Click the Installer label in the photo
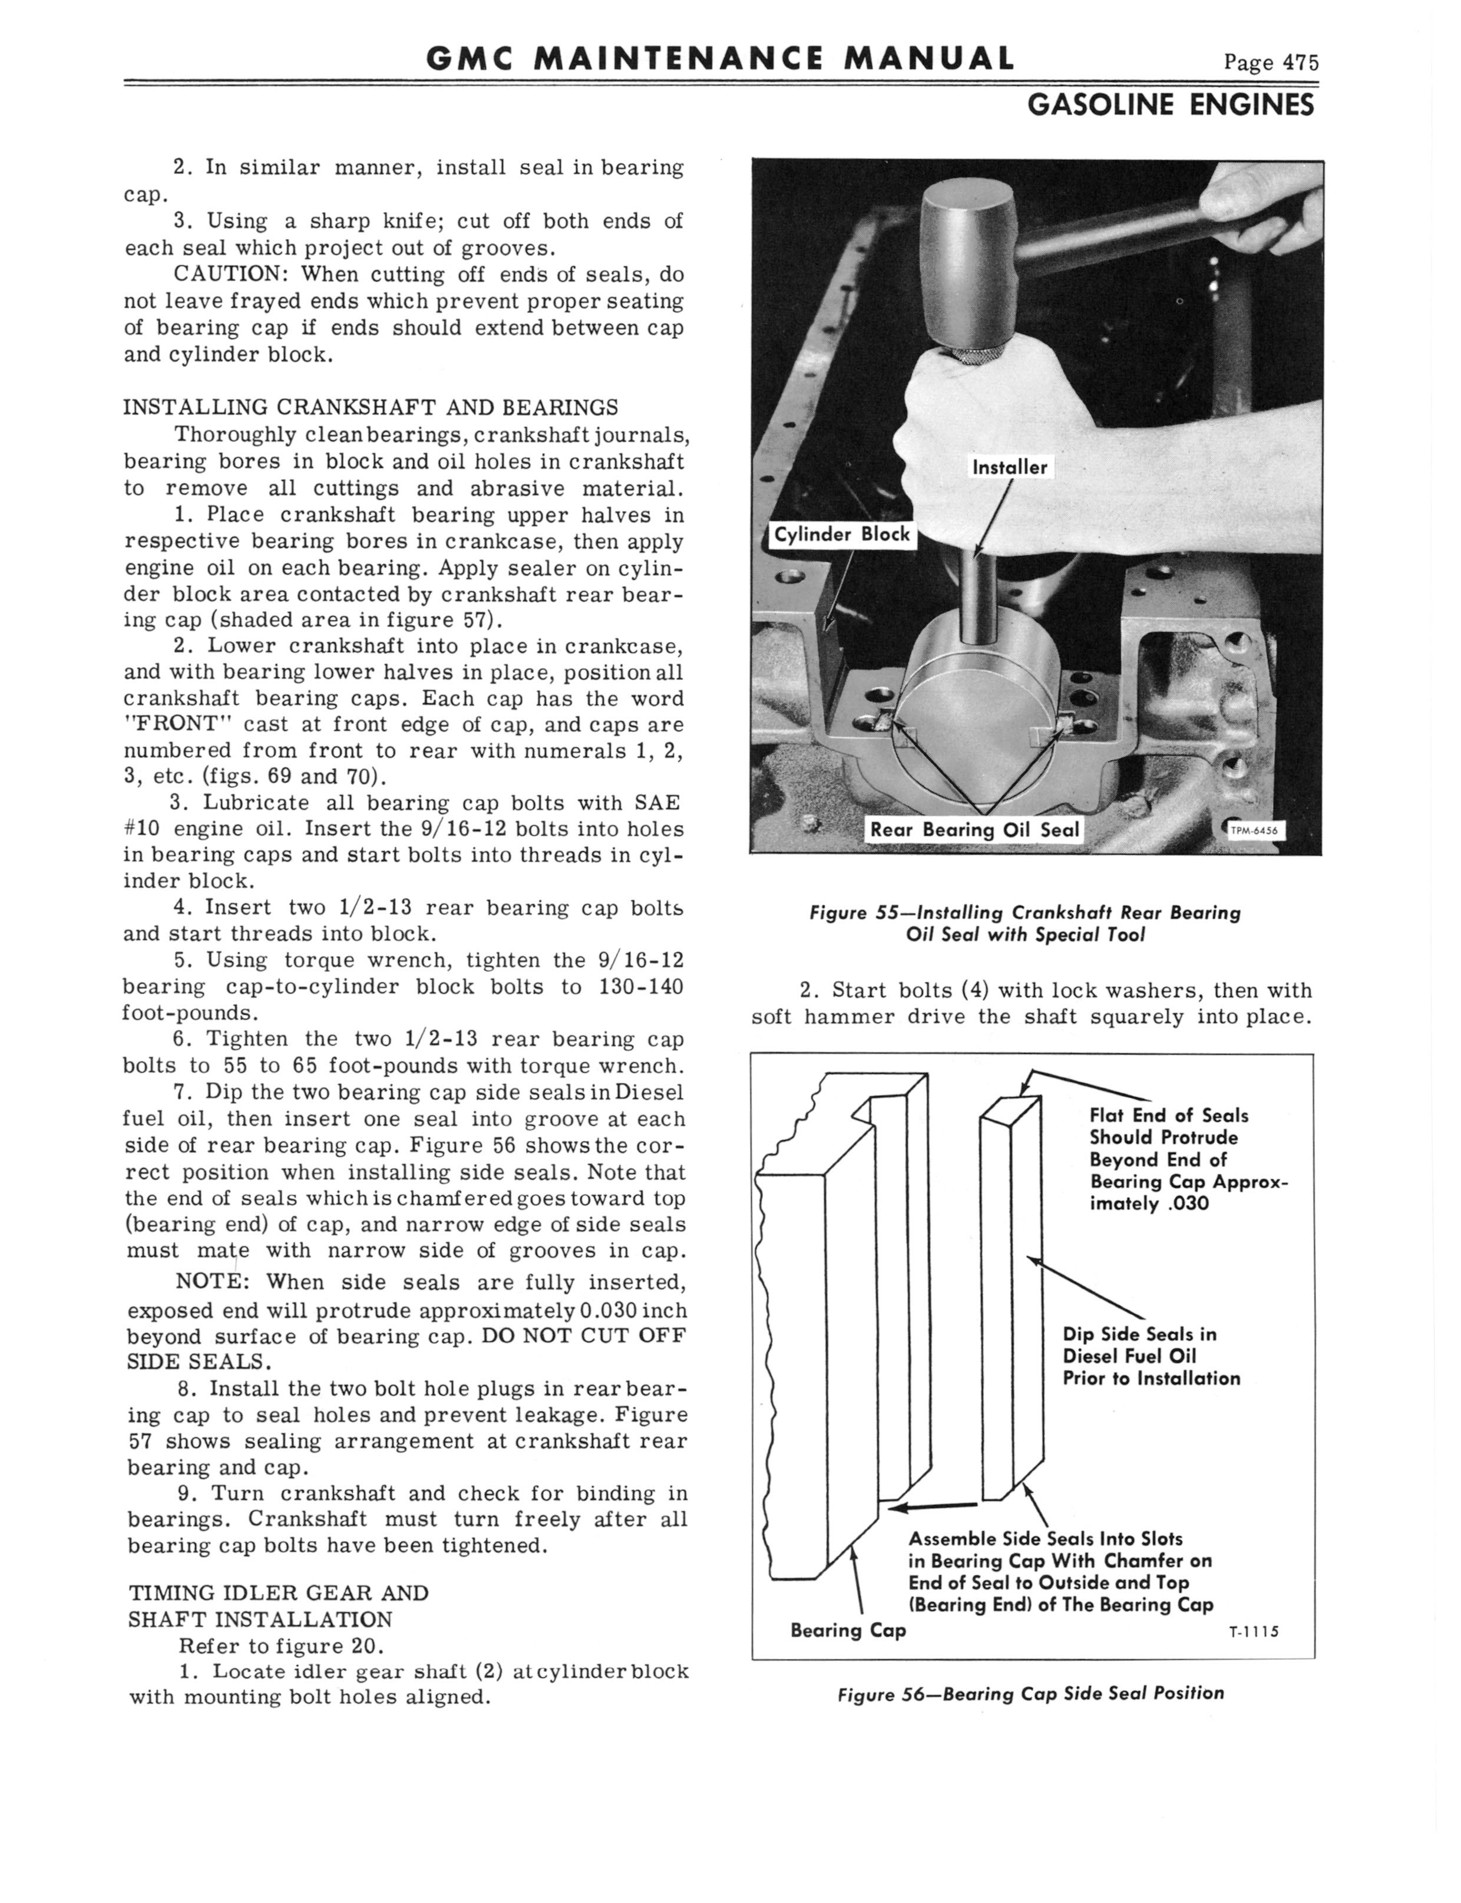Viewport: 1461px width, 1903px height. (x=1009, y=467)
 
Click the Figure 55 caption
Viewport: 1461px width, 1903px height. (x=1024, y=924)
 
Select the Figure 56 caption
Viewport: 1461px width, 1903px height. (x=1030, y=1693)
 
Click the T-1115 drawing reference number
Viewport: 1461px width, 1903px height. (x=1253, y=1632)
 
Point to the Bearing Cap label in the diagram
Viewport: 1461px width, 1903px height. (x=848, y=1631)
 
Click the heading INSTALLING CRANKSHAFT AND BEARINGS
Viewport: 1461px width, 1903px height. (x=371, y=407)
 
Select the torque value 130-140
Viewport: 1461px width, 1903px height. (x=641, y=987)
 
